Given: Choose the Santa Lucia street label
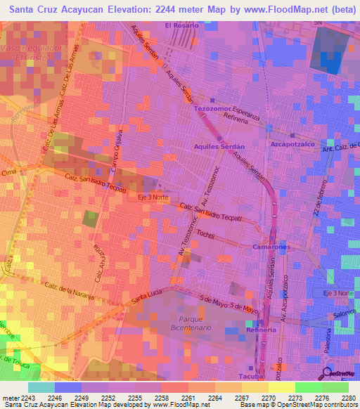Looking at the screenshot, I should [x=145, y=298].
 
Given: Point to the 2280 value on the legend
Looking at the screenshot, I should [x=349, y=397].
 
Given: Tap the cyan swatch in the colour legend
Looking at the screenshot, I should [x=41, y=387].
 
